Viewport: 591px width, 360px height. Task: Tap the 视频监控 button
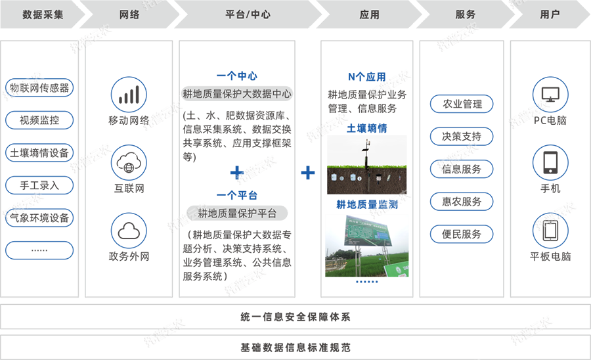[39, 120]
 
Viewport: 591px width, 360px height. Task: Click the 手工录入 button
[39, 185]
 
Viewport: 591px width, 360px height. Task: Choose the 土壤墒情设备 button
[39, 153]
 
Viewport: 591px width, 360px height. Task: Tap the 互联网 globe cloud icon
[129, 163]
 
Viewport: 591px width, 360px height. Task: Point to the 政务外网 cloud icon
[129, 230]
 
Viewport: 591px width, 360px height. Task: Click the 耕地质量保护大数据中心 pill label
[237, 94]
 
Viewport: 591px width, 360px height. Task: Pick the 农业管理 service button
[462, 104]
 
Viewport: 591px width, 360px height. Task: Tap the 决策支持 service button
[462, 137]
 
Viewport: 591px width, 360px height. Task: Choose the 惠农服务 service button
[462, 202]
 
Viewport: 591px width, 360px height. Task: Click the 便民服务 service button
[462, 234]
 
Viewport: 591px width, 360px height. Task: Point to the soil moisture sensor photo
[366, 164]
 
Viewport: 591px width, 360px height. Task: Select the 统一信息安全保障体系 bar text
[295, 317]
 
